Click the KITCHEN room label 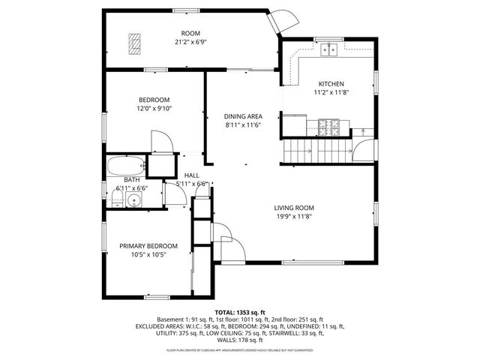click(331, 83)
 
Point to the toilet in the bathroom click(118, 198)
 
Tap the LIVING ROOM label click(293, 208)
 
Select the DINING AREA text click(243, 116)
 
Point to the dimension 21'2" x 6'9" click(190, 42)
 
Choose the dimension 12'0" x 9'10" click(154, 109)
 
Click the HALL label click(191, 175)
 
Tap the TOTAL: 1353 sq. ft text click(240, 311)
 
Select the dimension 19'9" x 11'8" click(293, 217)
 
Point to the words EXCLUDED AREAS click(163, 326)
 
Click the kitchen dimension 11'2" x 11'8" click(331, 92)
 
